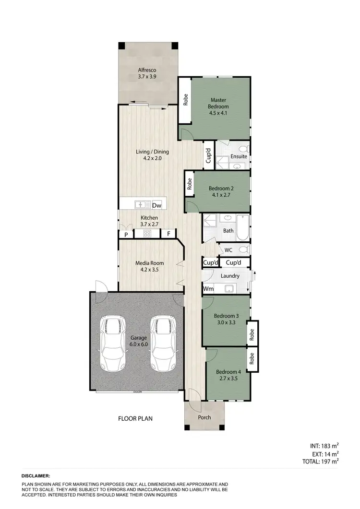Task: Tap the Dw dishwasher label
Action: coord(156,205)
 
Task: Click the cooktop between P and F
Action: coord(147,234)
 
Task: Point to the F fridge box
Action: coord(168,234)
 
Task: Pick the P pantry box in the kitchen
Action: coord(126,235)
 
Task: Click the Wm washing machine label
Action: coord(208,289)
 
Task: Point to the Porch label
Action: coord(204,417)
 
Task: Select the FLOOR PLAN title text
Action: coord(135,418)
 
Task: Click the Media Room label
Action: coord(149,263)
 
